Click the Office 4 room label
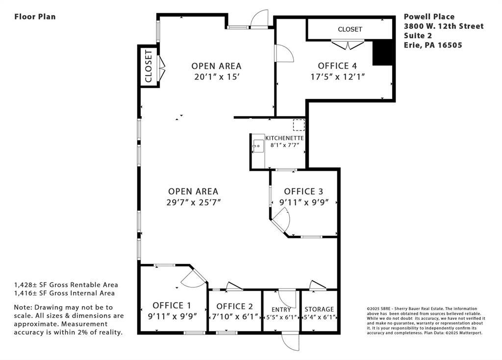[x=337, y=66]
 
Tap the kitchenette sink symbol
[x=258, y=146]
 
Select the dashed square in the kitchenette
[x=299, y=125]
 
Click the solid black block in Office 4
[x=382, y=52]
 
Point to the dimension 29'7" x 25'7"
[x=193, y=203]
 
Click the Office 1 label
[x=172, y=305]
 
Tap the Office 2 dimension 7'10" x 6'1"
[x=235, y=317]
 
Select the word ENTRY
[x=281, y=309]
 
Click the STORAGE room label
[x=319, y=309]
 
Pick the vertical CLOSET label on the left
[x=148, y=66]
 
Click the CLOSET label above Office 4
[x=350, y=29]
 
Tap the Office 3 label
[x=303, y=191]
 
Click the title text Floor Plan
[x=35, y=17]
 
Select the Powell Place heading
[x=429, y=17]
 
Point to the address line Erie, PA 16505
[x=433, y=45]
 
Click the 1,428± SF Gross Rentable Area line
[x=66, y=284]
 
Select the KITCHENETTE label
[x=284, y=138]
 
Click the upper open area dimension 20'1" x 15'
[x=216, y=77]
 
